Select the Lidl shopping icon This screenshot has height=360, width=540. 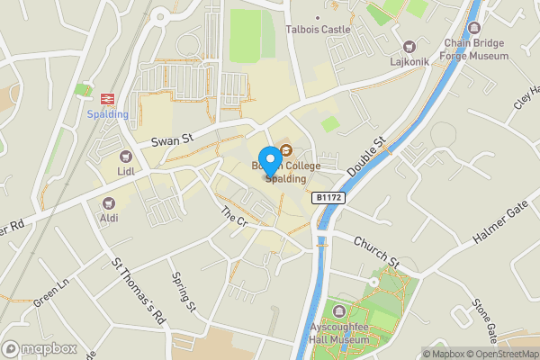point(125,154)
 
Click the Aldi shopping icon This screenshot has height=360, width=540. point(109,203)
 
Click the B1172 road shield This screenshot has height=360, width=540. point(328,197)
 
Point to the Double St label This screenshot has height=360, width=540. point(365,156)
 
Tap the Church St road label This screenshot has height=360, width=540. point(376,251)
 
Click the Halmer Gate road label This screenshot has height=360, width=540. point(499,224)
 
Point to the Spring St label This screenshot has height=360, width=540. point(184,292)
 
